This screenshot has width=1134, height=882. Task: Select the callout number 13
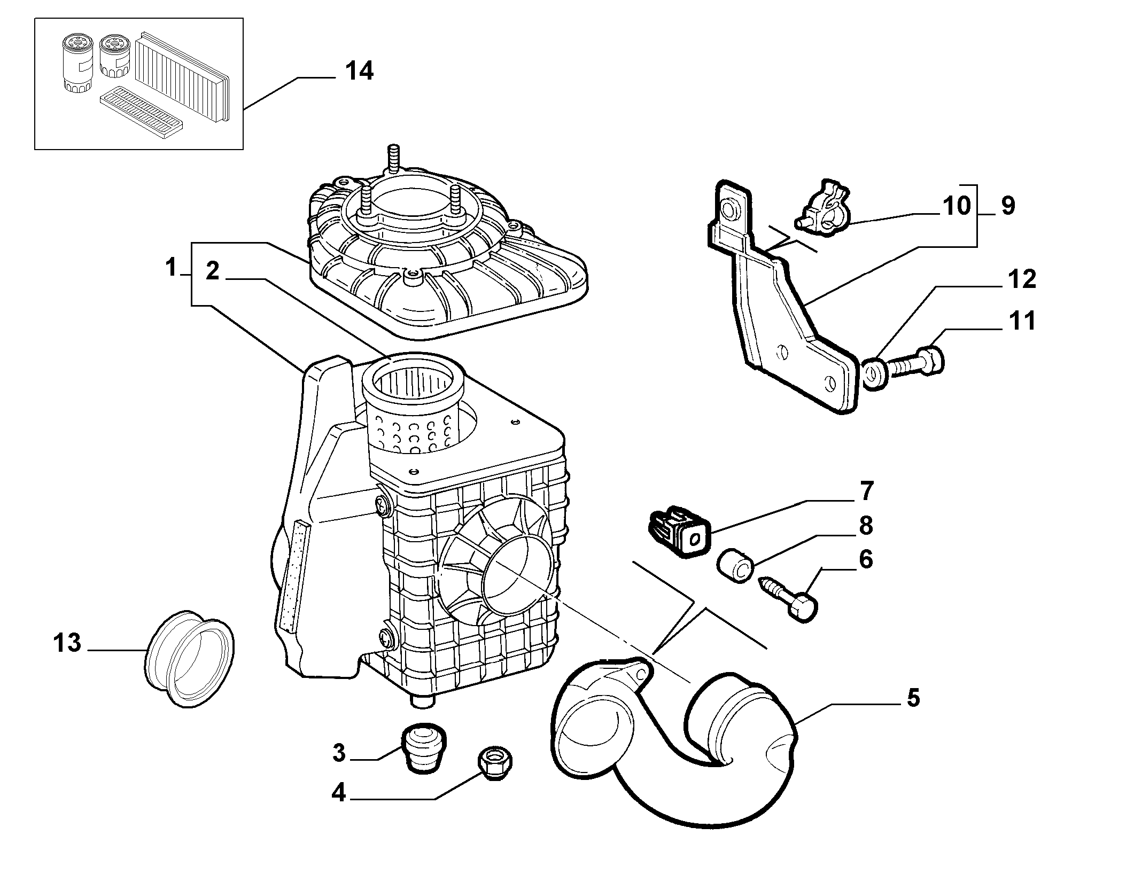pos(67,643)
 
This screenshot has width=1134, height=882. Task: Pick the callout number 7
pos(866,490)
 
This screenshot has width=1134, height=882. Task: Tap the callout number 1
pos(171,267)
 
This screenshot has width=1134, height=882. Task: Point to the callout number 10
pos(956,206)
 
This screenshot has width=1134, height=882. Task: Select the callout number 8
pos(865,525)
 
